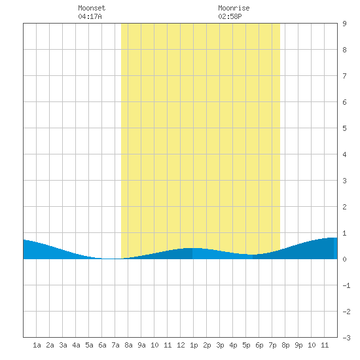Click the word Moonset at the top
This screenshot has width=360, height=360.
[x=92, y=8]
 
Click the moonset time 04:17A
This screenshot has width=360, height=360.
[x=90, y=16]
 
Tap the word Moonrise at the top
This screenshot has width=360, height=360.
[x=234, y=8]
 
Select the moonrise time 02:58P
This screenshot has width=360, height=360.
[x=230, y=16]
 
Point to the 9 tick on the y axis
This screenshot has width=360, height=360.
[x=344, y=24]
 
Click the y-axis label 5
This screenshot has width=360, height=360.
[x=344, y=128]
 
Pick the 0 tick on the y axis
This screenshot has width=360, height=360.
[x=344, y=259]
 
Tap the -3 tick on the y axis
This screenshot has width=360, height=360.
[x=346, y=338]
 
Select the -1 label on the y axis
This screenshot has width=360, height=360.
[x=346, y=285]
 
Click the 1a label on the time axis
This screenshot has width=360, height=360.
[x=37, y=345]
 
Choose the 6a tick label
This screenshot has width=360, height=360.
[x=102, y=345]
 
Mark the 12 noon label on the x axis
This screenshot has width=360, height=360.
[x=181, y=345]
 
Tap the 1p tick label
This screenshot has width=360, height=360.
[x=194, y=345]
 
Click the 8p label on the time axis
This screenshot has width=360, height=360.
[x=285, y=345]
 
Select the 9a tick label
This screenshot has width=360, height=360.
[x=141, y=345]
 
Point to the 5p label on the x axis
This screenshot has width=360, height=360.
[x=246, y=345]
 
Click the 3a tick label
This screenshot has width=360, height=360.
[x=63, y=345]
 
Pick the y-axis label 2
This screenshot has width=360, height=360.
[x=344, y=207]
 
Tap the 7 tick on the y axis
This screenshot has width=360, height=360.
[x=344, y=76]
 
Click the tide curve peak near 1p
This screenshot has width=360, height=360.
[x=192, y=248]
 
